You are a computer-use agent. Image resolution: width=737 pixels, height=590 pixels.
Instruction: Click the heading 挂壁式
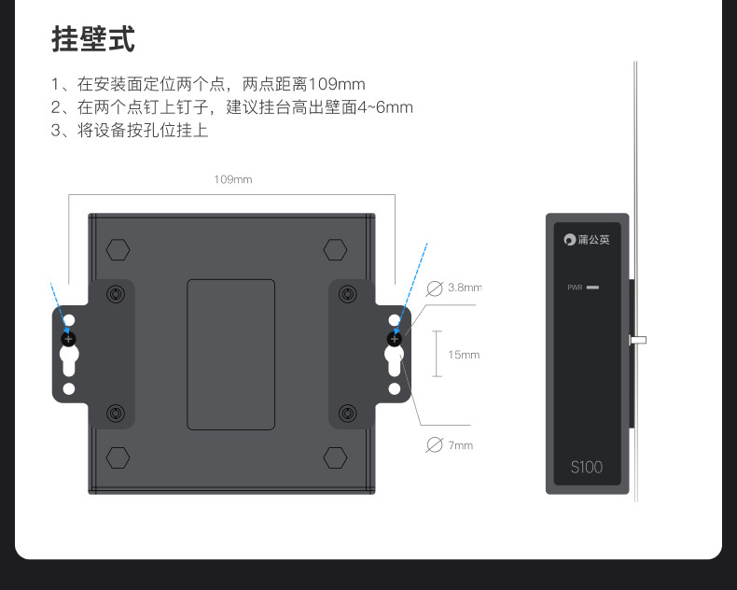93,40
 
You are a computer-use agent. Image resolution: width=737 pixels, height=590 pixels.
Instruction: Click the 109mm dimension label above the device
233,179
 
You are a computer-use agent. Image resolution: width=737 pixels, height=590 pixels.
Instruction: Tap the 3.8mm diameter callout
463,288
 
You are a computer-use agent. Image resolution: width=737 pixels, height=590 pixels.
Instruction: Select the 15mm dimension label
463,355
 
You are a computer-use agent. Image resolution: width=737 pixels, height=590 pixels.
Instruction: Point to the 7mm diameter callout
460,445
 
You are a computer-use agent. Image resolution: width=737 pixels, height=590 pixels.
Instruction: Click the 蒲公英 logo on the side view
587,240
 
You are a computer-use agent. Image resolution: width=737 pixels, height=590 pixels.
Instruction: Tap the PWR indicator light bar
593,287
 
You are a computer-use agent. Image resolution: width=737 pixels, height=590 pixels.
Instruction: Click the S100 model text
587,466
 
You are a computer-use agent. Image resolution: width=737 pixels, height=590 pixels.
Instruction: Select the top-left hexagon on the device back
118,250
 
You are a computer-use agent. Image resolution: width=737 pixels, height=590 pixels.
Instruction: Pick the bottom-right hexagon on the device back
335,457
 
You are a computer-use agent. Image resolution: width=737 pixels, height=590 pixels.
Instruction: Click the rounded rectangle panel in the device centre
231,355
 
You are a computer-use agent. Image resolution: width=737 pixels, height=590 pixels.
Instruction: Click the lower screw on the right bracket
348,413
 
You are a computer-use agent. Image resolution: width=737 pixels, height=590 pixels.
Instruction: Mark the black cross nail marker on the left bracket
68,338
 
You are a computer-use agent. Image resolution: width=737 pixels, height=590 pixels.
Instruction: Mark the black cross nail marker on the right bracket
395,338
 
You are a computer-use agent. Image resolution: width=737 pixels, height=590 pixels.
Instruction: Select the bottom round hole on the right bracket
395,388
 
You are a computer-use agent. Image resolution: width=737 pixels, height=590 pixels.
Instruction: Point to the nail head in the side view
639,341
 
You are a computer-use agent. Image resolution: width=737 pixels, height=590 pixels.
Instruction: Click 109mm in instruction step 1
337,84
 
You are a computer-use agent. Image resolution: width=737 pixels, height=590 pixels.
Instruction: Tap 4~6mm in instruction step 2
385,107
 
